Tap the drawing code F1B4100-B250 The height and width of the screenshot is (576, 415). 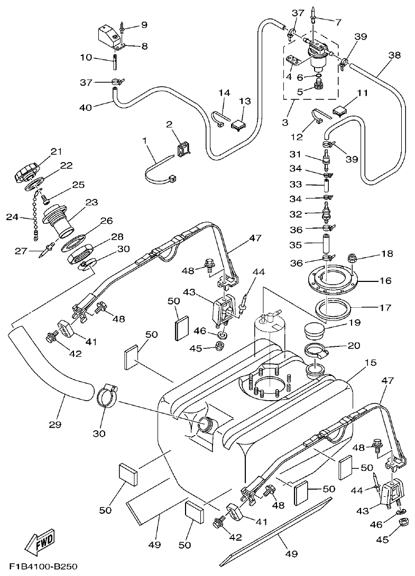pos(43,567)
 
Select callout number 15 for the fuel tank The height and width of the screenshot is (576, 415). pos(370,363)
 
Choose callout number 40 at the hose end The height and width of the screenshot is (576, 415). pos(85,107)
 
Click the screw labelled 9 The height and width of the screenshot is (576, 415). pos(123,27)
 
